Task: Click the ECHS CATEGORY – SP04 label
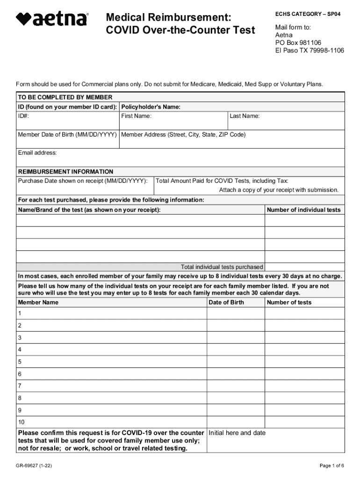(308, 14)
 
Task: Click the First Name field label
(136, 116)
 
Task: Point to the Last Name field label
(245, 116)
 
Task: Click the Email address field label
(37, 153)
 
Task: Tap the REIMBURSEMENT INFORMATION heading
(65, 172)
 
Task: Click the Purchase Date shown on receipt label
(82, 181)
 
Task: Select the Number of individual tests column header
(303, 210)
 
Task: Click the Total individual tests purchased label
(222, 267)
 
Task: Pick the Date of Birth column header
(226, 302)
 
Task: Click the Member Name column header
(38, 302)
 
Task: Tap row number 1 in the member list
(20, 313)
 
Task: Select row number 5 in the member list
(20, 362)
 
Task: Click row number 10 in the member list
(21, 422)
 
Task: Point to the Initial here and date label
(237, 433)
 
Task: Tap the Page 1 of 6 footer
(331, 465)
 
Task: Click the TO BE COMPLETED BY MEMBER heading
(65, 97)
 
